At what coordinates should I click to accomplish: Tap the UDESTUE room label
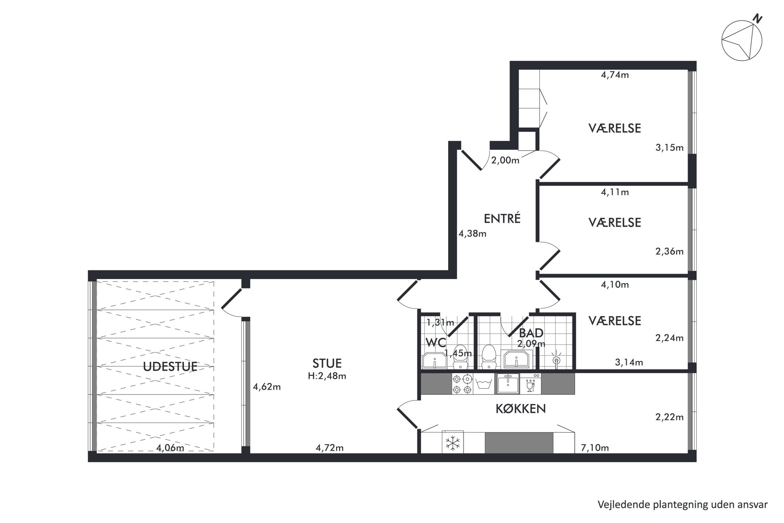tap(170, 366)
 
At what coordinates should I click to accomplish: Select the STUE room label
tap(327, 363)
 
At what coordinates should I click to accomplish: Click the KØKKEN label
tap(520, 409)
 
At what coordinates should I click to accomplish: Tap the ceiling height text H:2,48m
tap(327, 376)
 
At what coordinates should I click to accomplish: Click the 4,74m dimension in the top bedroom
tap(615, 75)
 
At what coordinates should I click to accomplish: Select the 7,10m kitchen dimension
tap(595, 447)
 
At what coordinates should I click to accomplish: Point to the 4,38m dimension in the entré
tap(472, 234)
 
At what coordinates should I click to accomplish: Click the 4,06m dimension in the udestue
tap(170, 448)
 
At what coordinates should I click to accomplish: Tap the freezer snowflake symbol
tap(452, 443)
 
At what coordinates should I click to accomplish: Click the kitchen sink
tap(508, 384)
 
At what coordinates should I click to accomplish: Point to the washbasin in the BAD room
tap(516, 359)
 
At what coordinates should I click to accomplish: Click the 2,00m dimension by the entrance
tap(505, 160)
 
